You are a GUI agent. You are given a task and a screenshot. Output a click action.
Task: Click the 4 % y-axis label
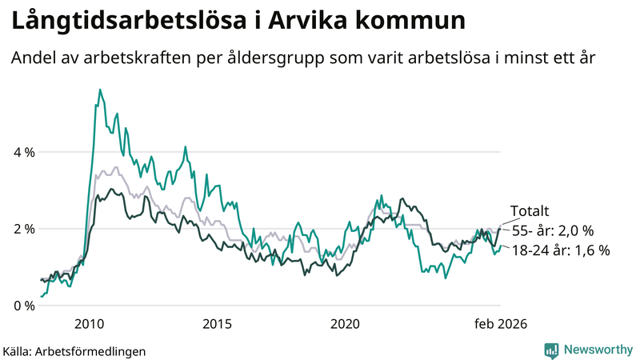pos(22,152)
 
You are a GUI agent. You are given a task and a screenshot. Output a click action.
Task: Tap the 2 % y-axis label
pos(22,229)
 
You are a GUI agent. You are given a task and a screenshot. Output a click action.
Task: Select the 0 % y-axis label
pos(22,306)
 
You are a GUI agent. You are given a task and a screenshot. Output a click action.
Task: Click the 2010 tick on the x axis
pos(89,324)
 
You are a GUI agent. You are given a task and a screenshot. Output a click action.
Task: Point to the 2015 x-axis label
pos(217,324)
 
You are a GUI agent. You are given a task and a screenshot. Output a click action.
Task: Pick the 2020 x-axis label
pos(345,324)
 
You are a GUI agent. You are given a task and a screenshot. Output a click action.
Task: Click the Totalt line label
pos(530,212)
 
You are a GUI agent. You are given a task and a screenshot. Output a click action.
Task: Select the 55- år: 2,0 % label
pos(553,231)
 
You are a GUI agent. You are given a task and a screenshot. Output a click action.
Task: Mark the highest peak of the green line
pos(100,90)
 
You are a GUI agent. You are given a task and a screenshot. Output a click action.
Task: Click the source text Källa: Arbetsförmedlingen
pos(74,350)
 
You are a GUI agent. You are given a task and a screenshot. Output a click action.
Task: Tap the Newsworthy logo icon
pos(551,350)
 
